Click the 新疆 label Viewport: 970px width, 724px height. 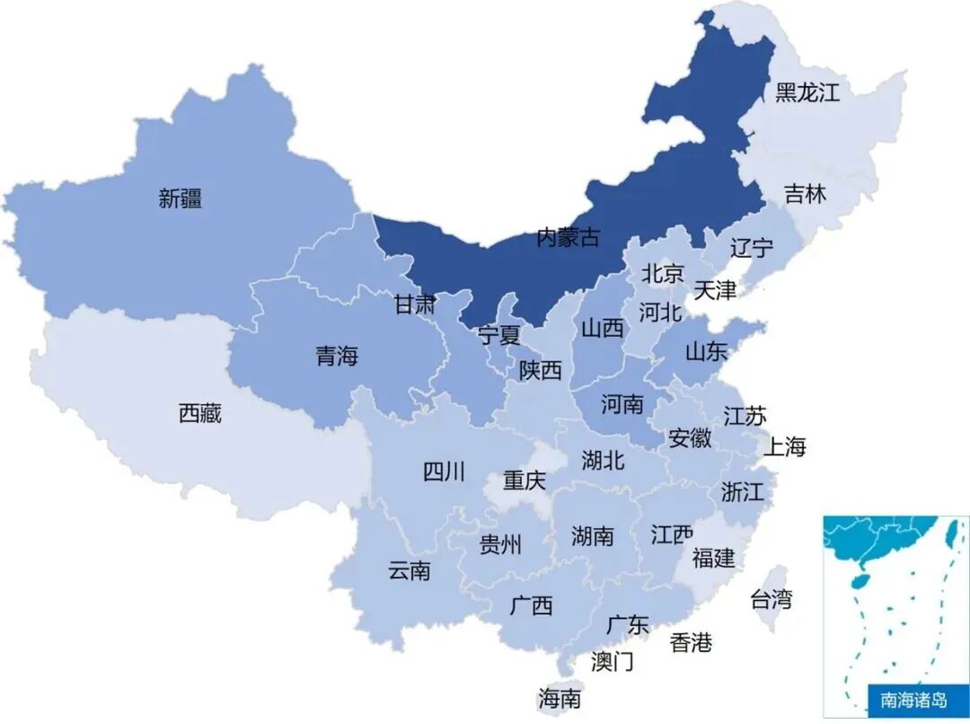click(180, 199)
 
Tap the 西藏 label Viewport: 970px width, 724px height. click(199, 414)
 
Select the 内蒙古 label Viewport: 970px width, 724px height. click(567, 238)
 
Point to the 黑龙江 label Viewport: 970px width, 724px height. click(807, 92)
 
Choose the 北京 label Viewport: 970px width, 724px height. click(663, 273)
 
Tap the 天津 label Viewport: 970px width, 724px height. click(715, 290)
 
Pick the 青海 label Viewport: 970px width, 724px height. click(337, 357)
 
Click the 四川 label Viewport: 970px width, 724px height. click(444, 472)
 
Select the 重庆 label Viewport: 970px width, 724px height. click(524, 481)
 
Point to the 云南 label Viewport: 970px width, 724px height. click(410, 570)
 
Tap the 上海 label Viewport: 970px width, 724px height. click(785, 446)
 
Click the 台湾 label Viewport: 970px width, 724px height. click(772, 599)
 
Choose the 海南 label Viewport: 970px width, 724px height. click(560, 699)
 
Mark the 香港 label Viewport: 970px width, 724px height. click(691, 642)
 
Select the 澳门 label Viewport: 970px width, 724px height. click(612, 662)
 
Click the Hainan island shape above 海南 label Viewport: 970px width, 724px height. click(564, 667)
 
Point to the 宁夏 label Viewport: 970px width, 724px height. click(498, 336)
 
